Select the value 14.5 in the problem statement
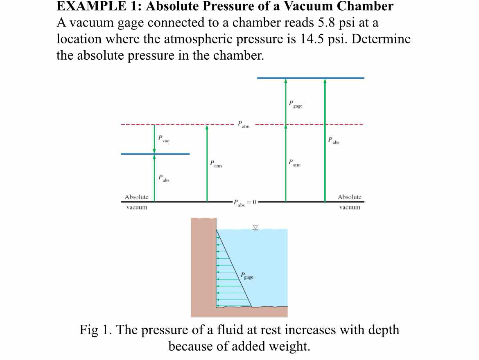(x=312, y=39)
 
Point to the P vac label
(x=164, y=139)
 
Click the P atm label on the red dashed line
(x=244, y=124)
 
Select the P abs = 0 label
(x=245, y=203)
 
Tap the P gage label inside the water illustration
(x=247, y=276)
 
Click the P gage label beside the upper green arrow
(x=296, y=104)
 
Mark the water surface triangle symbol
(x=255, y=228)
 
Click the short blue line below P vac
(x=155, y=154)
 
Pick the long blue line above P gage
(x=311, y=78)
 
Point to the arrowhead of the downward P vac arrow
(x=154, y=151)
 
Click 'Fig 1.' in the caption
(x=96, y=330)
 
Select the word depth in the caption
(x=383, y=330)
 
